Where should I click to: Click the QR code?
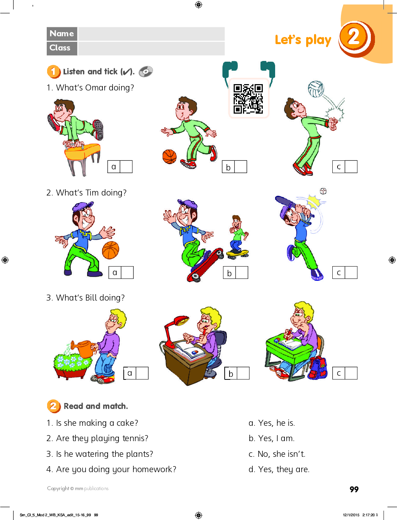(248, 99)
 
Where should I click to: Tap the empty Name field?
(151, 34)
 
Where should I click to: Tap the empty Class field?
(151, 49)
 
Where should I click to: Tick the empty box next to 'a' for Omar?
(126, 167)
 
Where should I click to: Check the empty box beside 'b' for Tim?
(242, 273)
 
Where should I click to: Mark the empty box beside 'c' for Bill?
(351, 373)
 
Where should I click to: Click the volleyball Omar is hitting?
(316, 89)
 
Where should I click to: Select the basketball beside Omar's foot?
(170, 157)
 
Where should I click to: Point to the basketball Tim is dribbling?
(111, 250)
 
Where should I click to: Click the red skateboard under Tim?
(205, 265)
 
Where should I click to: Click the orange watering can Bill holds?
(84, 349)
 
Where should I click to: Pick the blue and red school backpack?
(317, 368)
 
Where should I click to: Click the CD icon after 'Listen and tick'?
(146, 71)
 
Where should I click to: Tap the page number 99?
(354, 489)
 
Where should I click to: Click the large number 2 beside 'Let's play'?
(354, 37)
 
